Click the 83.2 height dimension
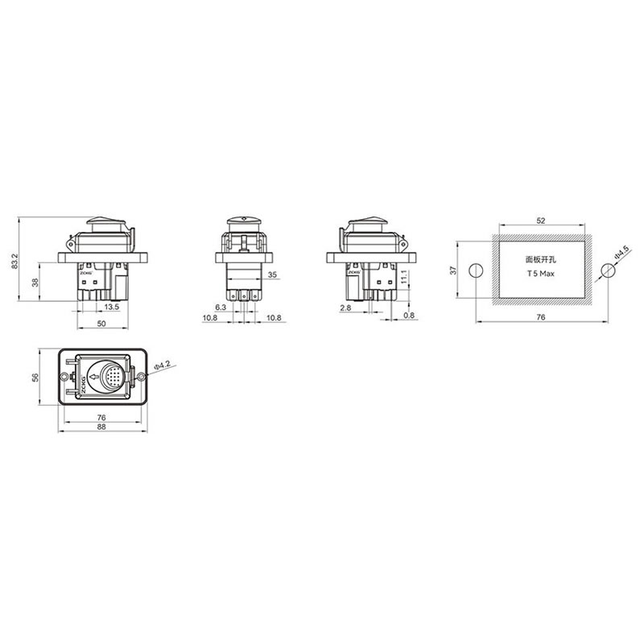(x=15, y=261)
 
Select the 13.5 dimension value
(x=111, y=307)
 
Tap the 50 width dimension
(x=101, y=324)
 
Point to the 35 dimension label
(x=272, y=275)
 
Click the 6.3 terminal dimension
(x=221, y=308)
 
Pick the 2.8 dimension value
(x=346, y=308)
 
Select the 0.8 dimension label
(x=409, y=316)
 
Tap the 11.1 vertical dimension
(x=404, y=277)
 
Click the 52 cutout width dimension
(x=541, y=221)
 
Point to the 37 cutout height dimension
(x=453, y=270)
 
